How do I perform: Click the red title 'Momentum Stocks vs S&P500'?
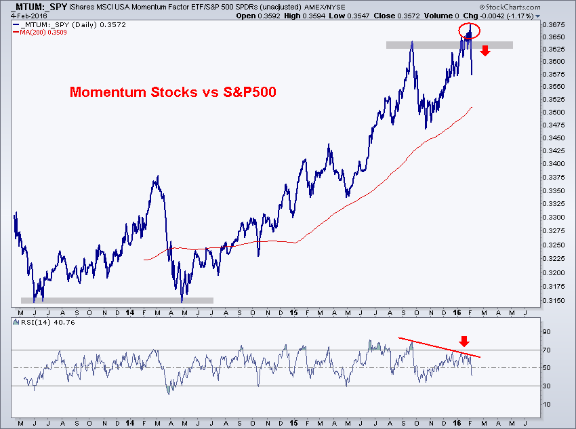[173, 91]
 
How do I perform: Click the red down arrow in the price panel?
[485, 51]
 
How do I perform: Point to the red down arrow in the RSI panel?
[464, 342]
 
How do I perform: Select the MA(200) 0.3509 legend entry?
[40, 33]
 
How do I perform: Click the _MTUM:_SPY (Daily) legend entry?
[69, 25]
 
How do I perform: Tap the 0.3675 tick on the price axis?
[554, 25]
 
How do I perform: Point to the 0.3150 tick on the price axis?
[554, 300]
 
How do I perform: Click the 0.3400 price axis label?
[554, 163]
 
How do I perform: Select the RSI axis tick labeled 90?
[547, 332]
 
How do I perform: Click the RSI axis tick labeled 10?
[547, 405]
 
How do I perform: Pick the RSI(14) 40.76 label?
[44, 323]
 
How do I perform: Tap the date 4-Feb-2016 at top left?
[29, 16]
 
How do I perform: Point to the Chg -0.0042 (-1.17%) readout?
[498, 16]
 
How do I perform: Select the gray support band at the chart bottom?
[117, 300]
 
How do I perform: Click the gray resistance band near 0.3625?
[449, 45]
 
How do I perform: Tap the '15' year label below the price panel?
[293, 312]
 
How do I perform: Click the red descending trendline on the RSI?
[439, 347]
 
